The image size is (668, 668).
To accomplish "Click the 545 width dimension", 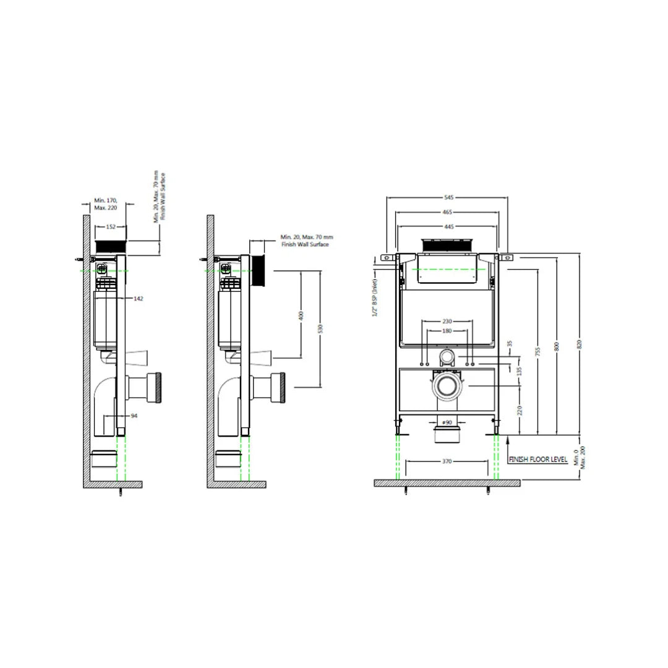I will pos(448,197).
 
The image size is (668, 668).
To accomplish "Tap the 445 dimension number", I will pos(448,226).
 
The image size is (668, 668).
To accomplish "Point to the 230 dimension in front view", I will pos(447,321).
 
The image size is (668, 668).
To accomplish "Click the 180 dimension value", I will pos(447,331).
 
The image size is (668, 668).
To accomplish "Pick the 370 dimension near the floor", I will pos(447,461).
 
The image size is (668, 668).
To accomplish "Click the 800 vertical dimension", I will pos(558,347).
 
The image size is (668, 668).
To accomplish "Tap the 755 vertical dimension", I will pos(538,351).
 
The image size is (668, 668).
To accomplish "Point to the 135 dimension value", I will pos(519,370).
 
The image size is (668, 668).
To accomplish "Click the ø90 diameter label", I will pos(446,422).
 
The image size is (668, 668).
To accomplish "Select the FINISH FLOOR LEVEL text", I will pos(537,460).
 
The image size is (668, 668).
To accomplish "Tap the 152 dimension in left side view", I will pos(111,227).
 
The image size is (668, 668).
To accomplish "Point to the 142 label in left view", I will pos(139,298).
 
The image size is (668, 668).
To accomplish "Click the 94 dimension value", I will pos(134,416).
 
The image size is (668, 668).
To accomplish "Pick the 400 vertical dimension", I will pos(301,315).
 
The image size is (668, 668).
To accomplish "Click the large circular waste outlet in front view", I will pos(446,385).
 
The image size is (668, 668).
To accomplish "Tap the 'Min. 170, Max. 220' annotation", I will pos(105,203).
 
